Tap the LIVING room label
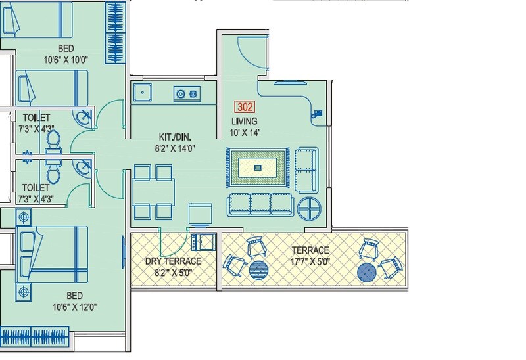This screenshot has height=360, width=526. point(244,122)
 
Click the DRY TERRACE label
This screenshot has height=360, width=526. point(173,261)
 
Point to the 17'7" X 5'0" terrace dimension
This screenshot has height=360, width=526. point(311,261)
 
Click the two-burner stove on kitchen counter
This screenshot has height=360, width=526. point(186,95)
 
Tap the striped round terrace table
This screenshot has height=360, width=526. point(258,270)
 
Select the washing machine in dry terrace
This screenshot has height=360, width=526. point(202,242)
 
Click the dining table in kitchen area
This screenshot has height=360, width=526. point(154,192)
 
